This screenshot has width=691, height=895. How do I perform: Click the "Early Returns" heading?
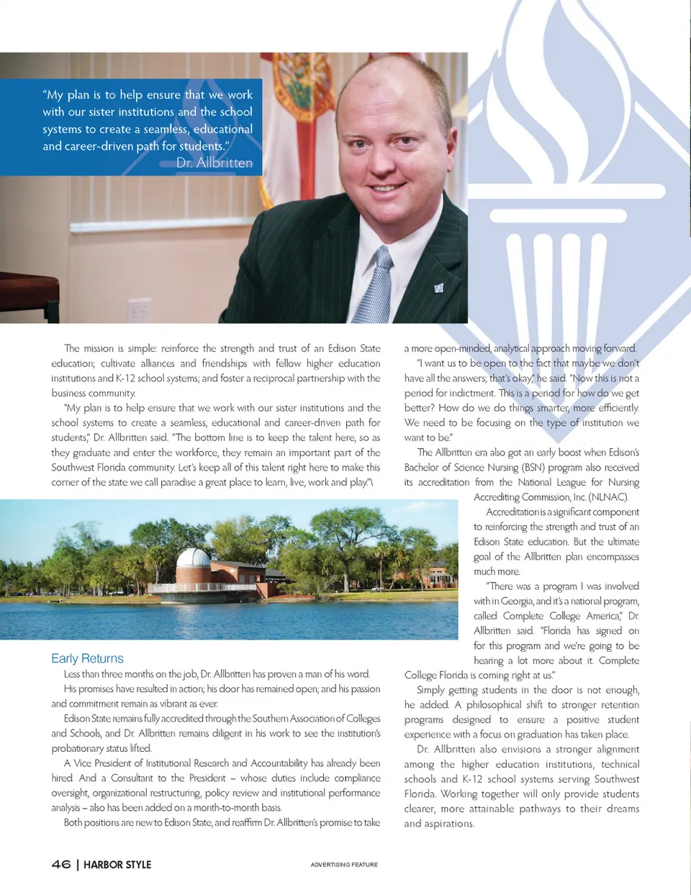coord(87,658)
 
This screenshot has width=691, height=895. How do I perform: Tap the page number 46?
coord(61,864)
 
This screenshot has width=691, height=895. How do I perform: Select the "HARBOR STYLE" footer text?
coord(117,864)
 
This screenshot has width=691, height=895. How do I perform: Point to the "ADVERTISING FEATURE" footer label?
coord(344,864)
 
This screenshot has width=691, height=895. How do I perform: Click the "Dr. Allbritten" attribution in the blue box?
coord(214,163)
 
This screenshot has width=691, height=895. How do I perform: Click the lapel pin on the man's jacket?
coord(438,288)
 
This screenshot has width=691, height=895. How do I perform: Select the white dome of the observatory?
coord(193,558)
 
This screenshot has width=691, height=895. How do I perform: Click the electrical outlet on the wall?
coord(139,309)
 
